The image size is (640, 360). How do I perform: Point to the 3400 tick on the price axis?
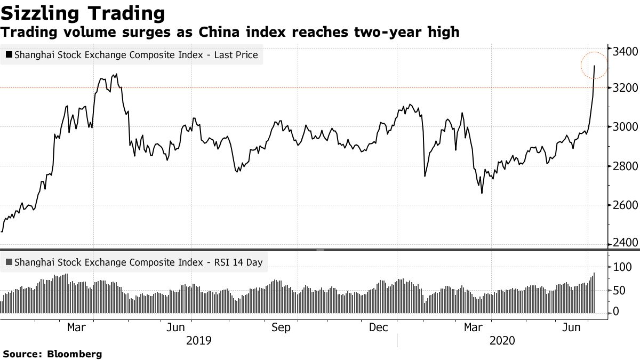(x=625, y=52)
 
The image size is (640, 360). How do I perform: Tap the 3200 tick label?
(x=625, y=87)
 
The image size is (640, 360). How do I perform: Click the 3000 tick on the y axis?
(x=625, y=127)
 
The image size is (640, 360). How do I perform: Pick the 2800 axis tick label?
(x=625, y=166)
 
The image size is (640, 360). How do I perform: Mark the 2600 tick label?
(x=625, y=205)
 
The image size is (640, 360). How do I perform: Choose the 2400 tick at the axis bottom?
(x=625, y=243)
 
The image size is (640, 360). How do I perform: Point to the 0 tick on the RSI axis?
(x=617, y=311)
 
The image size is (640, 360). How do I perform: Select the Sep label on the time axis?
(x=281, y=327)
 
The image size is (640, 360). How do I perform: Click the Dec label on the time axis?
(x=379, y=327)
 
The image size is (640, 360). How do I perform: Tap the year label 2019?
(x=199, y=340)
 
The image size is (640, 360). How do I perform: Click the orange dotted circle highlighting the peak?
(x=594, y=66)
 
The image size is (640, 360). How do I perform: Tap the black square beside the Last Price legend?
(x=9, y=54)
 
